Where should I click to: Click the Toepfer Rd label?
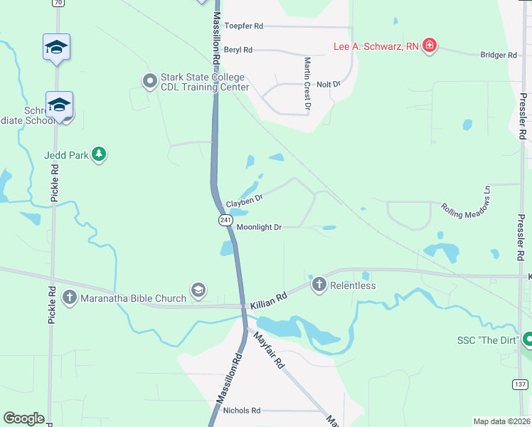pos(243,26)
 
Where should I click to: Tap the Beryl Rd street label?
pos(238,50)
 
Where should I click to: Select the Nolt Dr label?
pos(329,84)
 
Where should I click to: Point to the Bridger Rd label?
pos(498,55)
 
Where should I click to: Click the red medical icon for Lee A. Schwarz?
pos(429,47)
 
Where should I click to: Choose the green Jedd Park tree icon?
pos(100,154)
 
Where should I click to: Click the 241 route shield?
pos(225,221)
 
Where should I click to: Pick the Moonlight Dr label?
pos(259,227)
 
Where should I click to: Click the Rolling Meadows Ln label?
pos(467,202)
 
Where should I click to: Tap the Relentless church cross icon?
pos(318,285)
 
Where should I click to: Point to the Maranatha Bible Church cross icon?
pos(69,297)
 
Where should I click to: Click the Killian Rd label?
pos(268,299)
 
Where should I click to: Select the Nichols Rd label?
pos(242,411)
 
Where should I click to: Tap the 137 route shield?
pos(521,384)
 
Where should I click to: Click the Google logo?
pos(23,418)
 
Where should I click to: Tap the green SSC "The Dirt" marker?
pos(527,339)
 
